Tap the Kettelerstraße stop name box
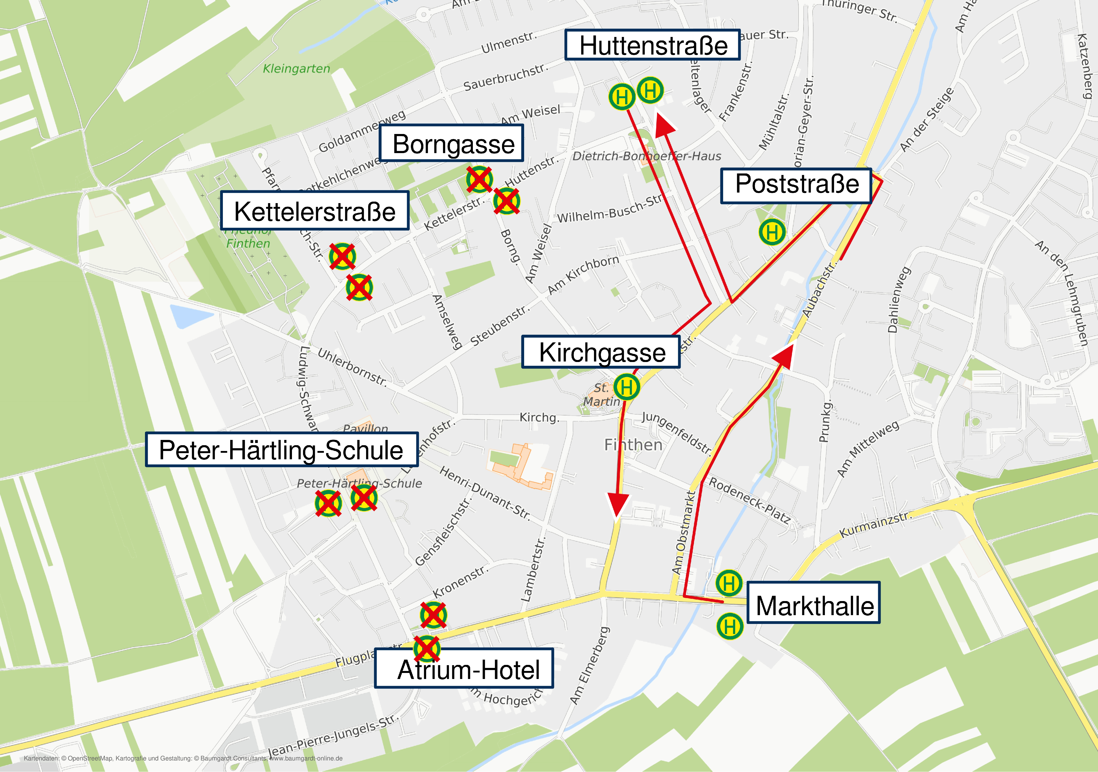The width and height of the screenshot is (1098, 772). (315, 211)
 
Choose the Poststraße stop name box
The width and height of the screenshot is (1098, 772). (796, 185)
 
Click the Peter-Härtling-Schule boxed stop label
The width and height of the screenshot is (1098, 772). (282, 450)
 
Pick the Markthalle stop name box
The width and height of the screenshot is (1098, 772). (814, 603)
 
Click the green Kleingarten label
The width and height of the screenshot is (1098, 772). (296, 69)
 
